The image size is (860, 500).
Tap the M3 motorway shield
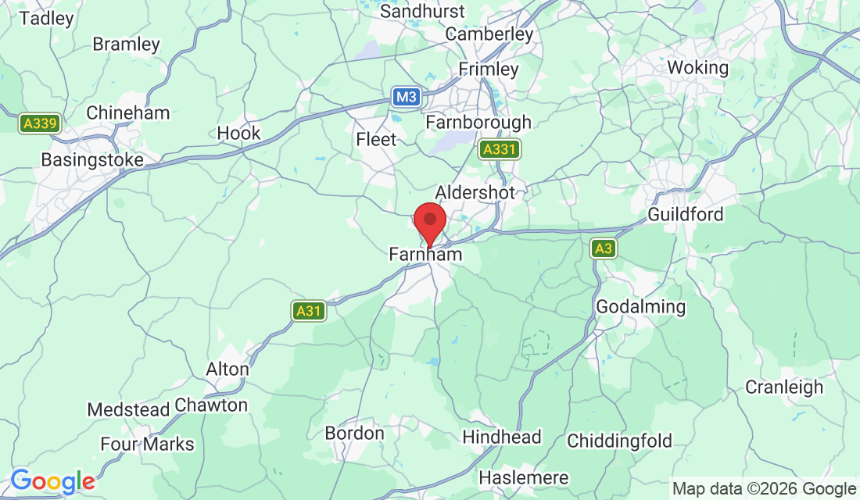pyautogui.click(x=407, y=97)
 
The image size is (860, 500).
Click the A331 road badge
pyautogui.click(x=500, y=149)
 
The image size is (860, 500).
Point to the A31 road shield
pyautogui.click(x=309, y=311)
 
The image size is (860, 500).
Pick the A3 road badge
pyautogui.click(x=603, y=249)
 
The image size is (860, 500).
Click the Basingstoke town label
pyautogui.click(x=92, y=160)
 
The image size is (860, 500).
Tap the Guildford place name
pyautogui.click(x=686, y=214)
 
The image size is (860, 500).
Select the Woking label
pyautogui.click(x=697, y=68)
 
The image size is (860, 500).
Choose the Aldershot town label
pyautogui.click(x=475, y=193)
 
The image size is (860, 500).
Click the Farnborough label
pyautogui.click(x=478, y=123)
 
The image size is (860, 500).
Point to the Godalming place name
pyautogui.click(x=640, y=307)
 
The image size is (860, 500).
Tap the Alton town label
pyautogui.click(x=227, y=369)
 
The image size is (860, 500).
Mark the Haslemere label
pyautogui.click(x=522, y=477)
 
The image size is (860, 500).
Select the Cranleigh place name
pyautogui.click(x=784, y=387)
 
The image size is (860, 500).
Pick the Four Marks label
pyautogui.click(x=147, y=445)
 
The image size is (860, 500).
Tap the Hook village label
pyautogui.click(x=238, y=134)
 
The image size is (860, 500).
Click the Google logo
pyautogui.click(x=52, y=480)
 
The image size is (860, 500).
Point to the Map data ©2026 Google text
pyautogui.click(x=765, y=489)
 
